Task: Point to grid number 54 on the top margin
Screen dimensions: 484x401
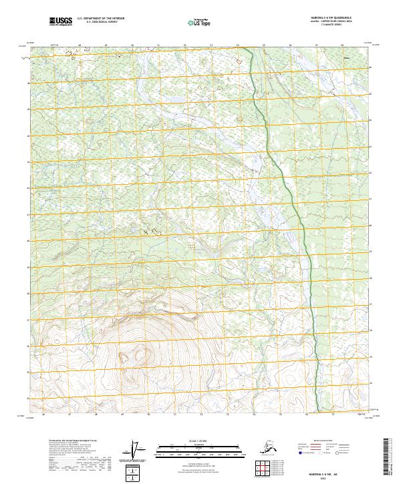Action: (x=237, y=45)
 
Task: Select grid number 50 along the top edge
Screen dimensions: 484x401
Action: (x=132, y=45)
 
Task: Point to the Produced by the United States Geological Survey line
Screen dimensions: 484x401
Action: (x=74, y=441)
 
